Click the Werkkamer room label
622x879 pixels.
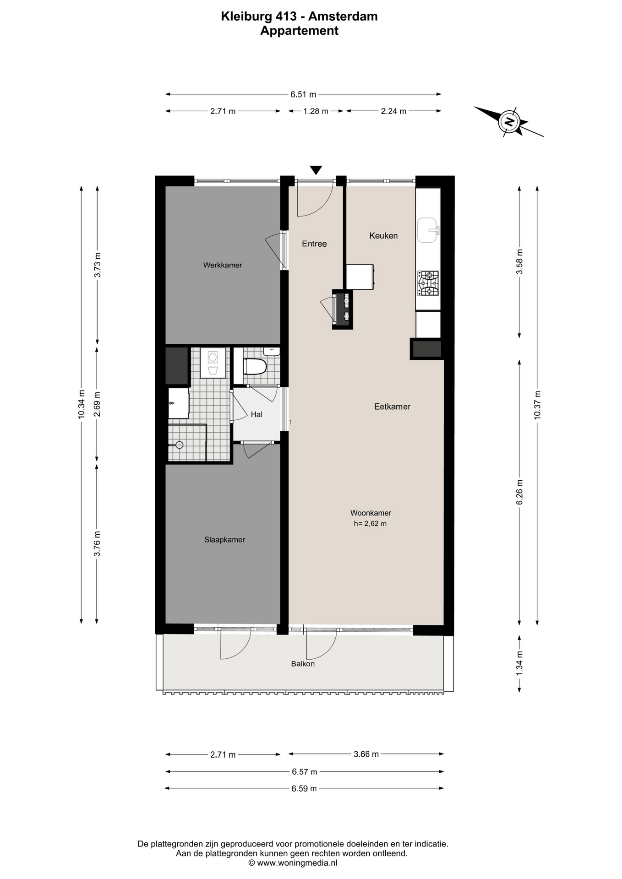point(223,265)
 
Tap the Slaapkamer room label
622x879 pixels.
point(224,540)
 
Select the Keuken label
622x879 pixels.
point(383,236)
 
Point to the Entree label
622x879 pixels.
point(314,244)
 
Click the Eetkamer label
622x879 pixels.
point(392,407)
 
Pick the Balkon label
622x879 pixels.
point(303,664)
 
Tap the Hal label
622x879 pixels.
point(256,414)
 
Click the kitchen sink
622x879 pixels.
point(428,230)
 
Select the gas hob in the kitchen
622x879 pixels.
point(428,283)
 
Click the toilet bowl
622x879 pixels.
point(255,367)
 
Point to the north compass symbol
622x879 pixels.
point(508,122)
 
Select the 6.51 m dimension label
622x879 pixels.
point(303,95)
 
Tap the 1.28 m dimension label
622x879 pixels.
point(316,111)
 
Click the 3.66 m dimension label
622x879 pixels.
point(366,754)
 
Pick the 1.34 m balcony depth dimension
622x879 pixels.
point(519,663)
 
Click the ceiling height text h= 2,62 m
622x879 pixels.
point(370,524)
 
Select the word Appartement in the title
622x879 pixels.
point(300,31)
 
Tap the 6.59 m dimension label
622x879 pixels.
point(304,788)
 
